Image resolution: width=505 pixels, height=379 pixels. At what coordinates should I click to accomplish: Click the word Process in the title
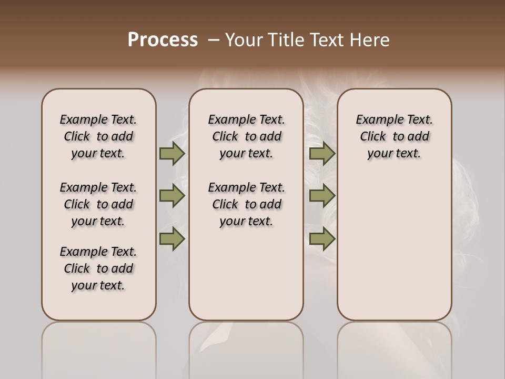click(163, 40)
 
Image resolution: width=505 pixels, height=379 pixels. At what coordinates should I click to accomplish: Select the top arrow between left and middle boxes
click(172, 153)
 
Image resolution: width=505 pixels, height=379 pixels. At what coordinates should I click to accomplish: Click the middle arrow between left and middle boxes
click(172, 196)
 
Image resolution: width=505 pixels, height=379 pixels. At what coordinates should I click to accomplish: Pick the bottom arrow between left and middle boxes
click(172, 239)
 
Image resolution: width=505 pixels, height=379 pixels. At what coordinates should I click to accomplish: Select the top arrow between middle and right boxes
click(322, 153)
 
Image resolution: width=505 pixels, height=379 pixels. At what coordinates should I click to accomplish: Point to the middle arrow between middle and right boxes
click(322, 196)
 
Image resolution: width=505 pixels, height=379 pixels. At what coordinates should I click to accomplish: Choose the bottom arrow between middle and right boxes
click(322, 239)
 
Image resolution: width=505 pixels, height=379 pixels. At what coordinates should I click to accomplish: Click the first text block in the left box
click(98, 136)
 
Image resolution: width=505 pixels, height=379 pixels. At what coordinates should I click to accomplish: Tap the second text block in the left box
click(98, 204)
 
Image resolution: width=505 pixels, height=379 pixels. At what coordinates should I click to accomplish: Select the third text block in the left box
click(98, 268)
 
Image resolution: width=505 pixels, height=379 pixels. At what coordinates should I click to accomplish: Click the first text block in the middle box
click(246, 136)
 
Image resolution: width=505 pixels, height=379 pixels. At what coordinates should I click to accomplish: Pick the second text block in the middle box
click(246, 204)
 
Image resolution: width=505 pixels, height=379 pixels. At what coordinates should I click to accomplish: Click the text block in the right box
click(394, 136)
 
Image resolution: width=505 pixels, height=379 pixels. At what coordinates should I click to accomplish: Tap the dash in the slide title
click(214, 40)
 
